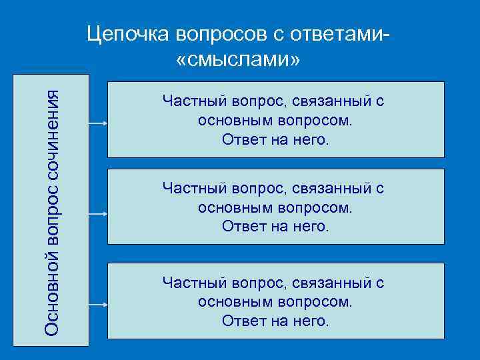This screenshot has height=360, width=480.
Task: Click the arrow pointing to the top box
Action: tap(97, 124)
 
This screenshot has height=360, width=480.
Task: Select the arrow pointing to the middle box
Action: tap(97, 215)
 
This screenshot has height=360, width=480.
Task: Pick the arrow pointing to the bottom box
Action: tap(97, 305)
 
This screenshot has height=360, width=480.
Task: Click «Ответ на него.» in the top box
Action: tap(275, 141)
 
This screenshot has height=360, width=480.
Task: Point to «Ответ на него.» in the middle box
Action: tap(275, 227)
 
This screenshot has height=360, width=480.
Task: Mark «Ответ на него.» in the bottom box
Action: tap(275, 321)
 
